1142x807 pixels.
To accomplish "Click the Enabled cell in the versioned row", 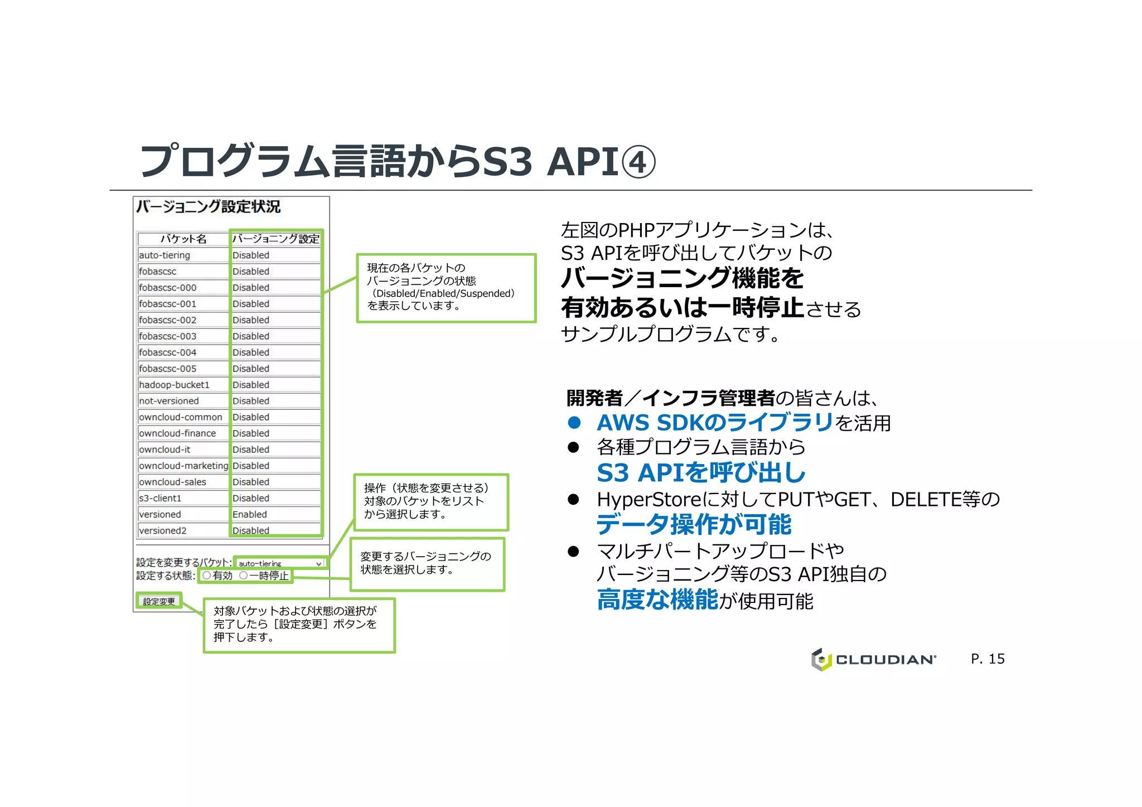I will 250,514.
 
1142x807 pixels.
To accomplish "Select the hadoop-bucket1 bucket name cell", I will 175,385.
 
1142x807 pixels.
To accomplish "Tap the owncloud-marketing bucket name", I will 183,466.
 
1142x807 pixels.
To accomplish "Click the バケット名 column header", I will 183,239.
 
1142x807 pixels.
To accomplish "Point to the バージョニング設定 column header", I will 276,239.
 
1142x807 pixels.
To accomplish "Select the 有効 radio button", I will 207,576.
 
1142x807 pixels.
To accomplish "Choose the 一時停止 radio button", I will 244,576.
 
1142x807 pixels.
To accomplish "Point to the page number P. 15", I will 988,659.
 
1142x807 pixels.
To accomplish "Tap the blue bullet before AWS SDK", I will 574,423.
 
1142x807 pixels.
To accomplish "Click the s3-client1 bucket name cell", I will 161,498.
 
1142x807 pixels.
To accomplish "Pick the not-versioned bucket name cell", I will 169,401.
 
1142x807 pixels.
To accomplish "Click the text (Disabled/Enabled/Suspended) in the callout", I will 443,293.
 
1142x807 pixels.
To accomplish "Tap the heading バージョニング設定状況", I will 208,207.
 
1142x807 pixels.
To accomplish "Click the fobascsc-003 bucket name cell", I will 168,336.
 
